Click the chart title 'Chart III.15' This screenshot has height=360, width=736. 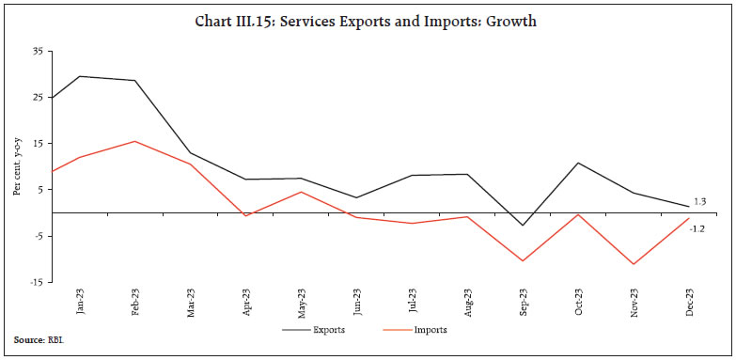368,22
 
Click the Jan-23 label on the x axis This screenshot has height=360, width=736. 81,301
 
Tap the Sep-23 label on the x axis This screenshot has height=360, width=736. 522,301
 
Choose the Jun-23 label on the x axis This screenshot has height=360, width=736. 356,301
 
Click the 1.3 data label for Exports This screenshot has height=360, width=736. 699,202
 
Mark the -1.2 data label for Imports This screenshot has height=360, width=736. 699,228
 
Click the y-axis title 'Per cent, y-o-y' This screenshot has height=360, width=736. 17,166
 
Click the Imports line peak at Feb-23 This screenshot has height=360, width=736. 135,141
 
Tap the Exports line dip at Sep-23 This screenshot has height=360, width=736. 522,226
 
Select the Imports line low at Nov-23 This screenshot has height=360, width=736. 633,264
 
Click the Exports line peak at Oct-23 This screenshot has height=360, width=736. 577,163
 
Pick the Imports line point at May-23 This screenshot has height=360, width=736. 301,192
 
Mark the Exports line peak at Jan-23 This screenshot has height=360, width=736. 81,76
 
